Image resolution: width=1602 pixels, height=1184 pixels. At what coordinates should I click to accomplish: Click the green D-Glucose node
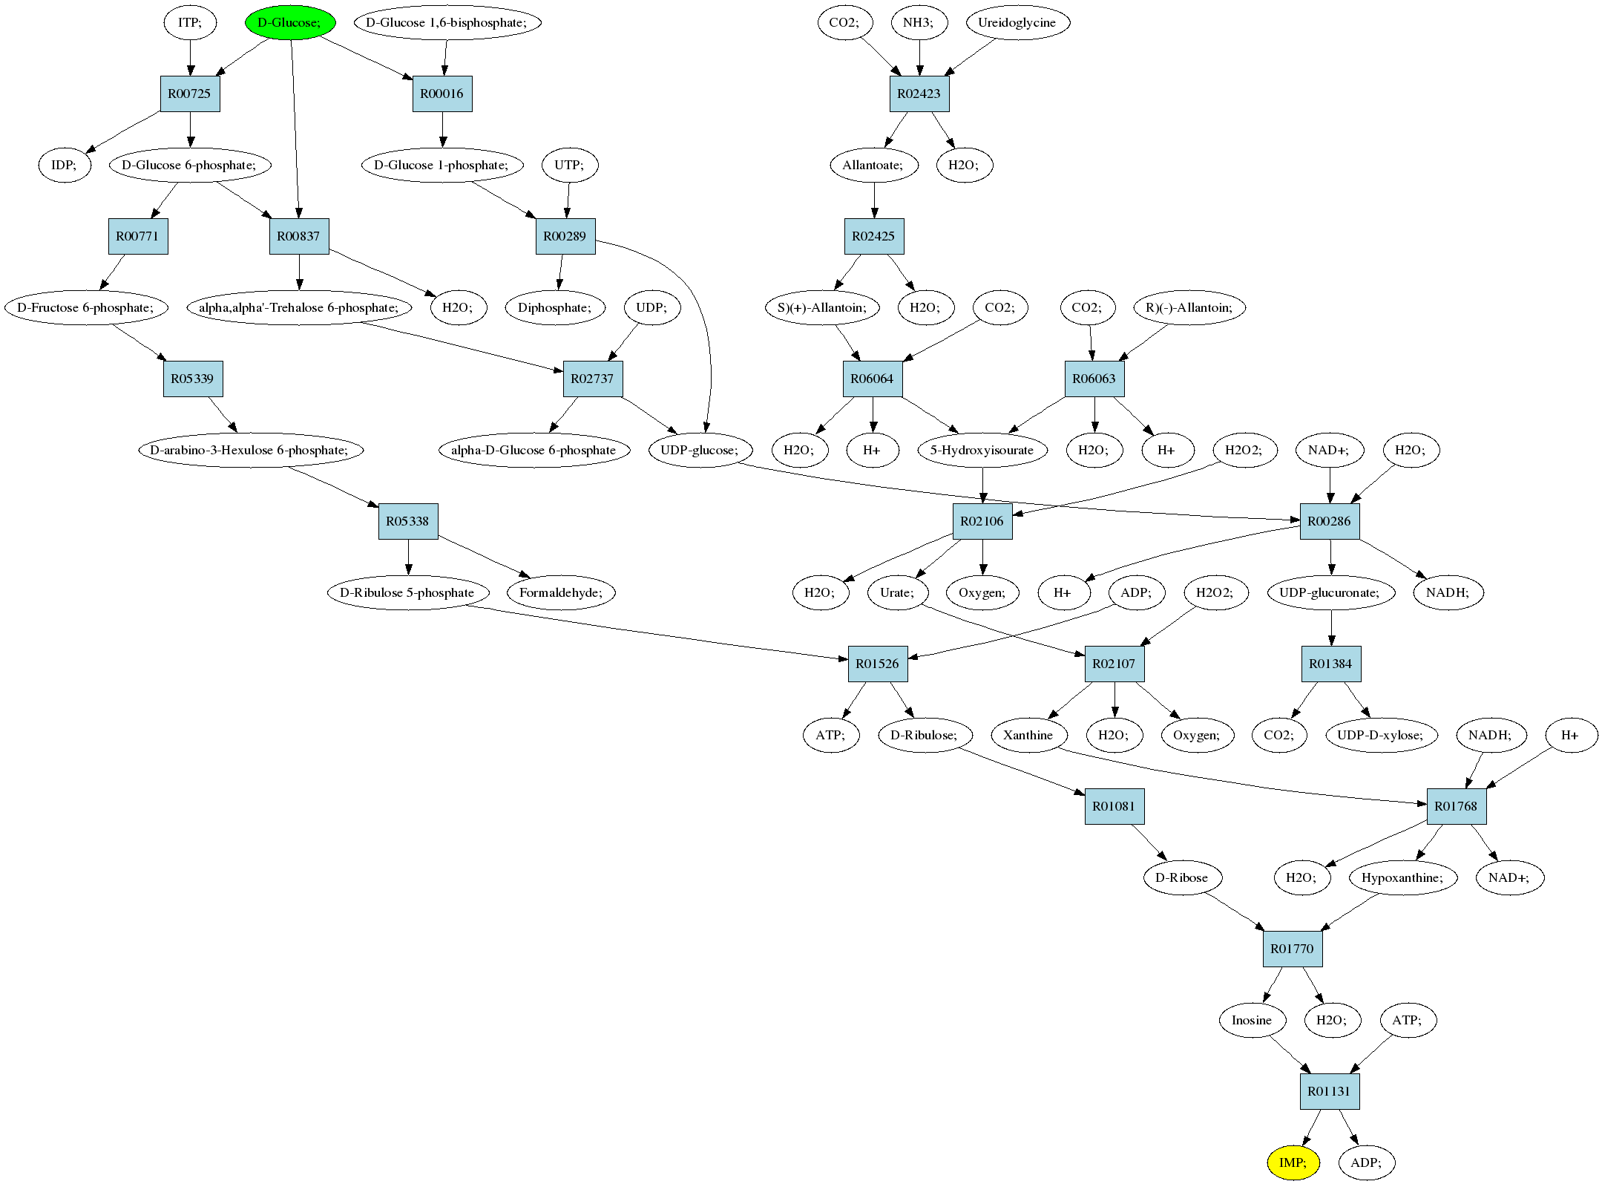[290, 22]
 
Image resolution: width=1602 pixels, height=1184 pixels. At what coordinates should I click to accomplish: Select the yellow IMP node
[1293, 1162]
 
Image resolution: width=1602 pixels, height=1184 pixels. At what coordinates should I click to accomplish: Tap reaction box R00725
[190, 94]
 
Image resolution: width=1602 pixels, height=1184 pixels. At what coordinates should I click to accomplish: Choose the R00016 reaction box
[442, 94]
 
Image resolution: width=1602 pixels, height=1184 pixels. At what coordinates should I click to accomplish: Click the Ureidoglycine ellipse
[1017, 22]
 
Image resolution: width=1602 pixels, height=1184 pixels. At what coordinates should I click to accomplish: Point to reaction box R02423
[919, 94]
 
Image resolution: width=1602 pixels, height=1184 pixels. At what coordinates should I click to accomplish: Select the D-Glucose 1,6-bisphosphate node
[447, 22]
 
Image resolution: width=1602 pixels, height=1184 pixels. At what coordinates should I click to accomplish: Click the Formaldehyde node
[562, 592]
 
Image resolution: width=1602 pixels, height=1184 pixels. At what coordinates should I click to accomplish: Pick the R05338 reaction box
[408, 521]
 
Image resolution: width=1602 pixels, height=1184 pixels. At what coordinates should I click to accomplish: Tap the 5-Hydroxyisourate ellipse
[982, 450]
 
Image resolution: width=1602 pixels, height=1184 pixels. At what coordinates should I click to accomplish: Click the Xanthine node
[1028, 735]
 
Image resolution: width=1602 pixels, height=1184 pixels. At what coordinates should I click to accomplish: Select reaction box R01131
[1330, 1091]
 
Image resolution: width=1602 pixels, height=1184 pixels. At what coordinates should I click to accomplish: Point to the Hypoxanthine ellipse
[1402, 877]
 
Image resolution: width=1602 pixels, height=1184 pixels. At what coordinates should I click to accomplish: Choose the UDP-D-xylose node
[1381, 735]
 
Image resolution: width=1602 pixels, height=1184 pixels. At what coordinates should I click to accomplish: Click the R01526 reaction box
[878, 664]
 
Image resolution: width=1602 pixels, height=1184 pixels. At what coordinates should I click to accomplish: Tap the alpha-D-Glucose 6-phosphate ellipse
[534, 450]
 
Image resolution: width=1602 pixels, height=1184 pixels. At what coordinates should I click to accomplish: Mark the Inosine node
[1252, 1020]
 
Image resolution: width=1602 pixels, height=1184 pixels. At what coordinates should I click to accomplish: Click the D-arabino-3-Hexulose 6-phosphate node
[251, 450]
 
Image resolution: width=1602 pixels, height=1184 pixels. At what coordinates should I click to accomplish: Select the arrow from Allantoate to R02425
[874, 200]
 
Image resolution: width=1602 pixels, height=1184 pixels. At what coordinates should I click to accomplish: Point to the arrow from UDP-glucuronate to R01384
[1331, 628]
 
